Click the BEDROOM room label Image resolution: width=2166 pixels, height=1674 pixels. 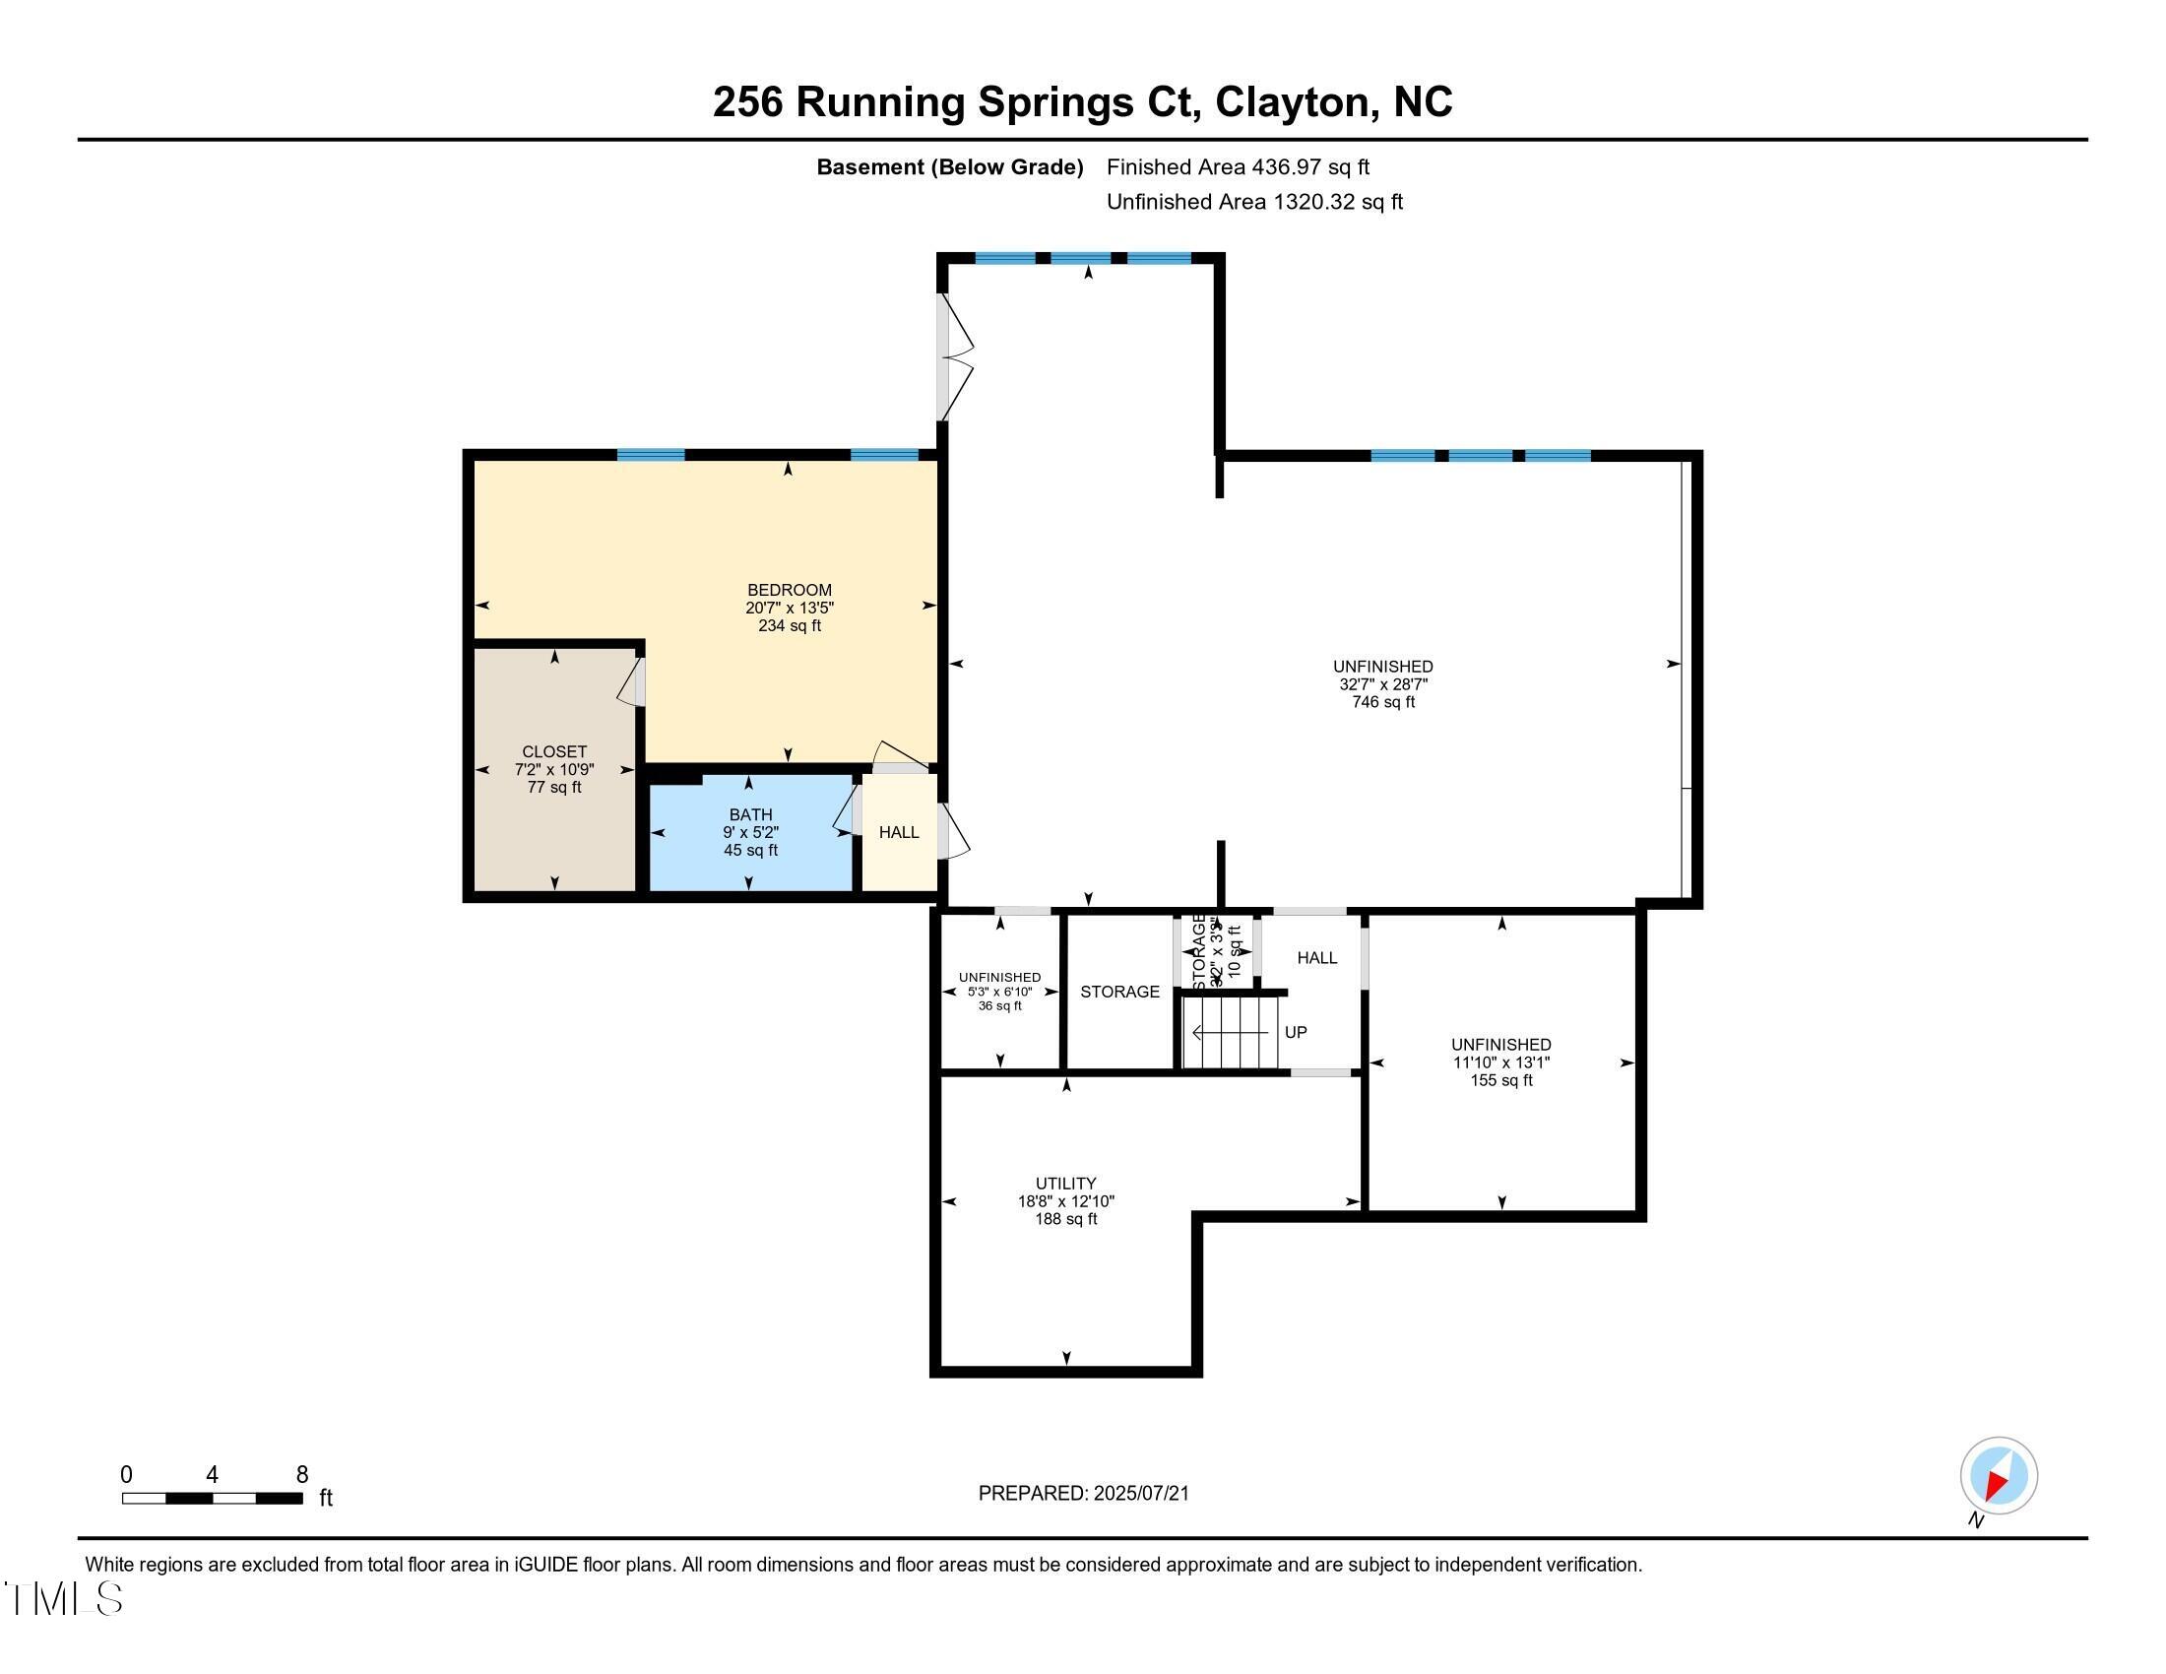click(790, 590)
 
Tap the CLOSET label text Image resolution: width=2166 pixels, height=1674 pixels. click(554, 751)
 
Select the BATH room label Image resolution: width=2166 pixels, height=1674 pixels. click(750, 815)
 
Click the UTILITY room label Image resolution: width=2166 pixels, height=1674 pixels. click(1065, 1183)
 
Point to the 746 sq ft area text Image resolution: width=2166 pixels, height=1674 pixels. click(1382, 702)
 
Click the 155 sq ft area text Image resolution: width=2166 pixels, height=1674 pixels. click(1500, 1080)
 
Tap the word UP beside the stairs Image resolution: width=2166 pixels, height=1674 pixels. click(1296, 1032)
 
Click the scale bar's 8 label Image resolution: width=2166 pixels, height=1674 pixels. click(301, 1475)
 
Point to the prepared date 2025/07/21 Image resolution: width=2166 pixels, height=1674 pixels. click(1139, 1494)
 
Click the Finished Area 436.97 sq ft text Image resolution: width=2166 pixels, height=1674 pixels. click(1237, 166)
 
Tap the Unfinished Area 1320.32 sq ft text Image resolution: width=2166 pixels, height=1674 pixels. click(1253, 201)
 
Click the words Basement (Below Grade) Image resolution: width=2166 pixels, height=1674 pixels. click(948, 166)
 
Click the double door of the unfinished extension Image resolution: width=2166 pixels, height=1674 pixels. click(954, 356)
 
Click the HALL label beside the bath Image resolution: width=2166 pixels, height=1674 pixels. click(899, 832)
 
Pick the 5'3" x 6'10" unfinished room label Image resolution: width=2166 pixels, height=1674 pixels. click(999, 991)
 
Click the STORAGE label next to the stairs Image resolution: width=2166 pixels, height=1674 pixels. click(1119, 992)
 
